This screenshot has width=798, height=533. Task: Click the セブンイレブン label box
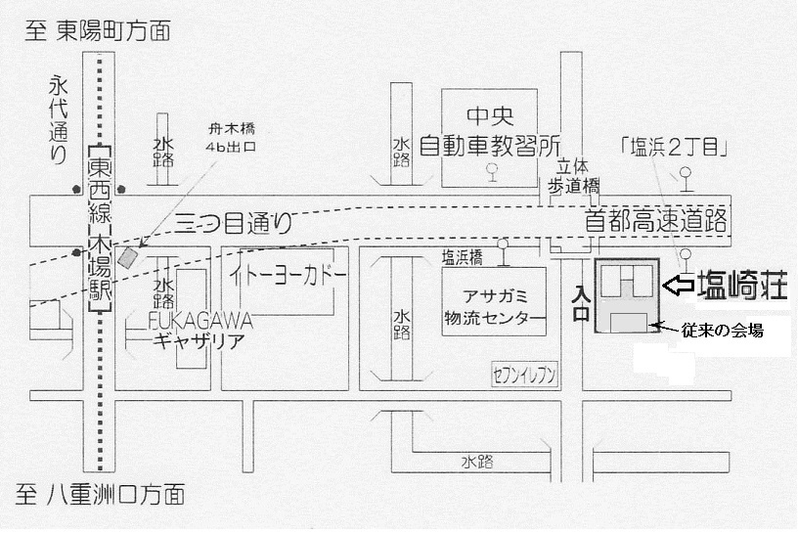tap(524, 372)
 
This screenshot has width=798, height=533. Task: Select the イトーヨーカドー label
tap(288, 277)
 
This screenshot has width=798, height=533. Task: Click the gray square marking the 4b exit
tap(128, 257)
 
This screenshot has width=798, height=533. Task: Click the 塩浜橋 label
tap(462, 257)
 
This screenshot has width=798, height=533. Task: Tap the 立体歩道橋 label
tap(573, 175)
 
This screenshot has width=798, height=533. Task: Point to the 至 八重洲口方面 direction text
tap(103, 493)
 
